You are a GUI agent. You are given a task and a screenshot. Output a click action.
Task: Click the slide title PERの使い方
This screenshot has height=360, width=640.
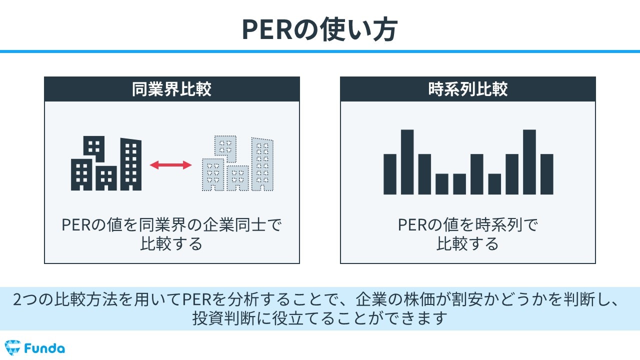(319, 30)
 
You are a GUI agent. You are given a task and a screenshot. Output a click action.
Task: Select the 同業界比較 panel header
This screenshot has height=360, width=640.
(171, 89)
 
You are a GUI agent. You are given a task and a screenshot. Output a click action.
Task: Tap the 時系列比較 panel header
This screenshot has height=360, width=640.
(467, 89)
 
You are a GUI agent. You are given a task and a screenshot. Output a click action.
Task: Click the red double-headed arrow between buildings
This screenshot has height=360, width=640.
(171, 164)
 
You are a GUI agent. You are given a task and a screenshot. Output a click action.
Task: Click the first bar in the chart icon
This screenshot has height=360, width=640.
(390, 174)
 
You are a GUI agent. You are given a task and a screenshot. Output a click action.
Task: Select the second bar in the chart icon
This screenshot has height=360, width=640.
(407, 162)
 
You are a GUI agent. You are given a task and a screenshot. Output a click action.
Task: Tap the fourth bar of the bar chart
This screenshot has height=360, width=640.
(442, 183)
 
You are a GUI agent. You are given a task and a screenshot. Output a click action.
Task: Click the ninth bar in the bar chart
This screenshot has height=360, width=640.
(529, 162)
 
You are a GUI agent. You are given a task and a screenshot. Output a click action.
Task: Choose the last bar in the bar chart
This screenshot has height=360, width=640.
(547, 174)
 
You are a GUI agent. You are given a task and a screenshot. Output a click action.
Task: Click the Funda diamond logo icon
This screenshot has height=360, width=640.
(12, 347)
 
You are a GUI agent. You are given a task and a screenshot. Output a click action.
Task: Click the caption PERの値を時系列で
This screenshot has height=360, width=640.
(467, 225)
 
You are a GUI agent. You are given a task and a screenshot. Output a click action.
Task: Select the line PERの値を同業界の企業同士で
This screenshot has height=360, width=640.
(171, 225)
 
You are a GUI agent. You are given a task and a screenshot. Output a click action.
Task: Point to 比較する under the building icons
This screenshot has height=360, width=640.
(171, 243)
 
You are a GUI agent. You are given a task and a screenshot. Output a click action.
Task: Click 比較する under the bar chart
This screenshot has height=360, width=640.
(467, 243)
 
